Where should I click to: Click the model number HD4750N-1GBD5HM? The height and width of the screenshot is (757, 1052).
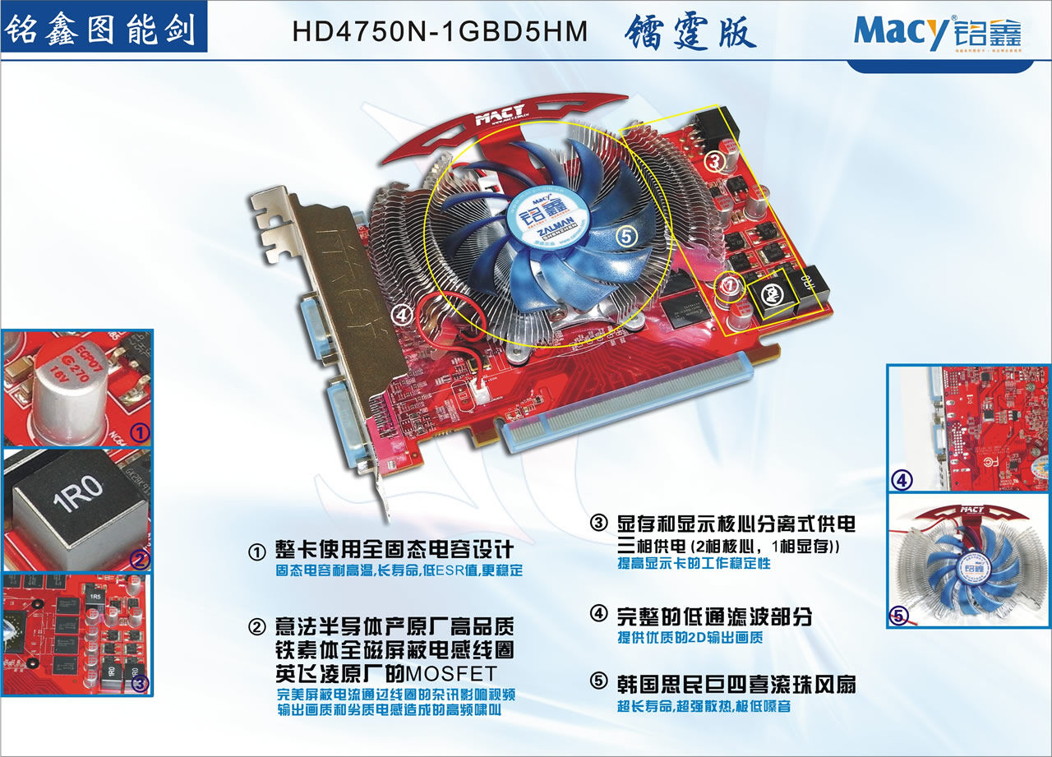click(x=441, y=31)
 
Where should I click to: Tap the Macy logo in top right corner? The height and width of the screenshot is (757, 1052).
click(x=938, y=33)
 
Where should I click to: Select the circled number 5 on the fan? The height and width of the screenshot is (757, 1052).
click(x=625, y=236)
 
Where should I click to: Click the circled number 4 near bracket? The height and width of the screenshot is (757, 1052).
click(x=401, y=313)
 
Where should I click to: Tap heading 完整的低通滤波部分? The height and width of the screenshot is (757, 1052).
click(x=713, y=615)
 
